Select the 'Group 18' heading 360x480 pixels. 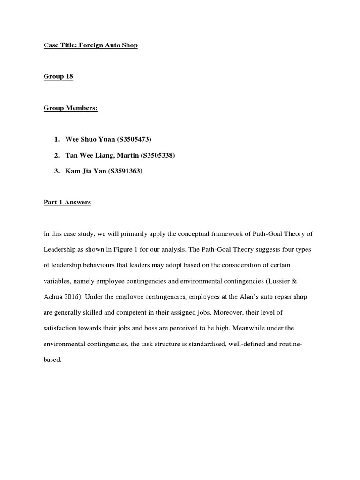(58, 76)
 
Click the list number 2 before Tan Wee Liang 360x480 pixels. (57, 155)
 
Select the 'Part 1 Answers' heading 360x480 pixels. (67, 202)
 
